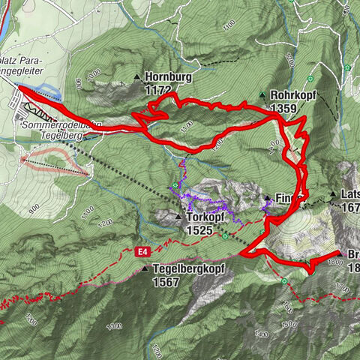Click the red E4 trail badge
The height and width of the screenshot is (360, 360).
tap(142, 250)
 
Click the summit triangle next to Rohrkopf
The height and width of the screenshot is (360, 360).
tap(262, 95)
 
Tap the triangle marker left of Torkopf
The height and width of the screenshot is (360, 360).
tap(178, 217)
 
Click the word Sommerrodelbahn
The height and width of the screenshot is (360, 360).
tap(60, 124)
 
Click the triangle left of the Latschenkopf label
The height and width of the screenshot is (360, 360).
tap(332, 194)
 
